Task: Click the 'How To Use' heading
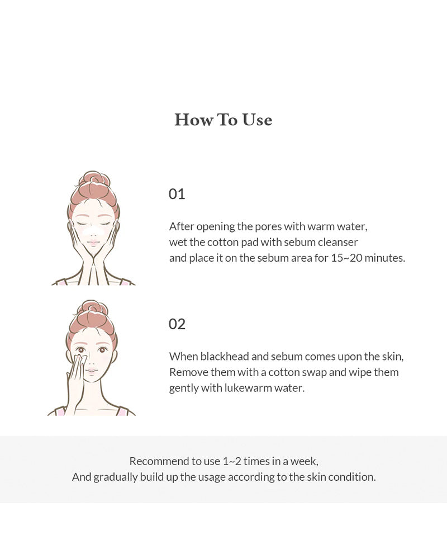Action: coord(223,120)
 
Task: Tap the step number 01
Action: coord(177,194)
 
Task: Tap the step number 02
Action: coord(177,324)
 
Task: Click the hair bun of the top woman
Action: coord(94,180)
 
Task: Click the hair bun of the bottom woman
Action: coord(92,309)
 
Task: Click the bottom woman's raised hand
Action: coord(74,380)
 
